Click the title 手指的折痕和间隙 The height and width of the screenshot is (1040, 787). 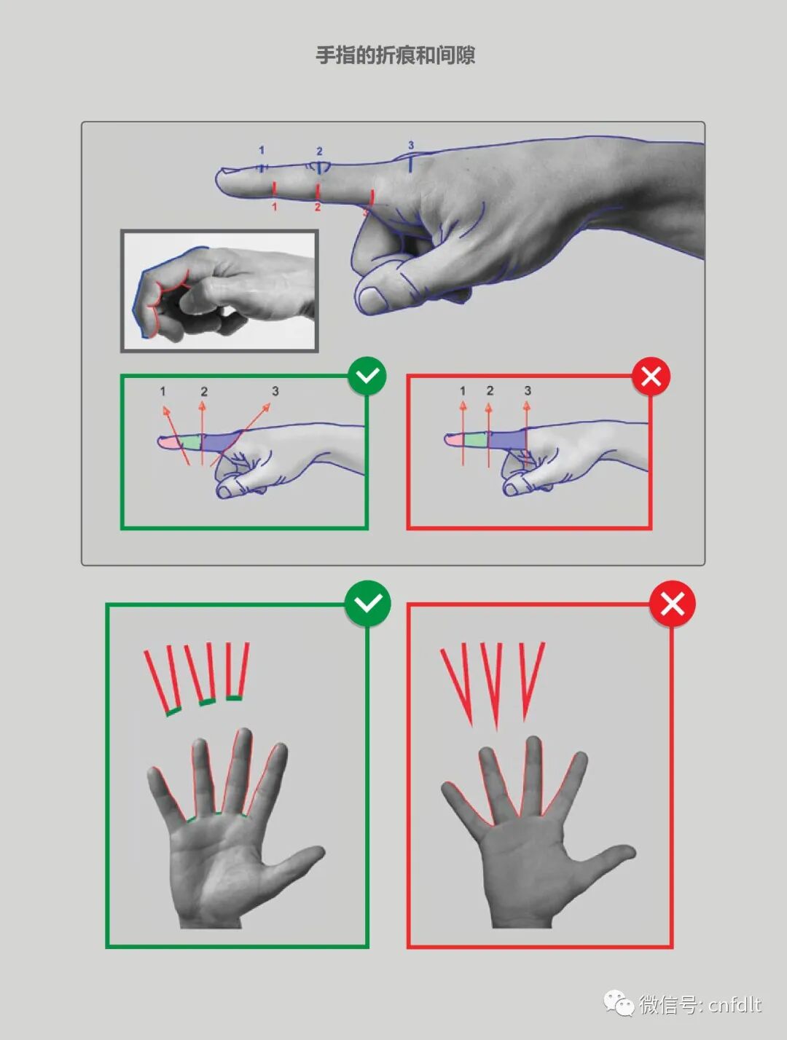[396, 55]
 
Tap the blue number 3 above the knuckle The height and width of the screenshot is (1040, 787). [411, 145]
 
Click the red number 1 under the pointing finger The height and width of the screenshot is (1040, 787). [274, 207]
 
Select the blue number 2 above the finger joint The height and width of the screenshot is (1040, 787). [320, 151]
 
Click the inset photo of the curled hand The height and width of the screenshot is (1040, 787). [219, 291]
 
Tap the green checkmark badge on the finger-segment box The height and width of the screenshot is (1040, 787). [367, 376]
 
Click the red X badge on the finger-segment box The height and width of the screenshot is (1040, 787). [651, 377]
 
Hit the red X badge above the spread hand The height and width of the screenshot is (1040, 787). [673, 604]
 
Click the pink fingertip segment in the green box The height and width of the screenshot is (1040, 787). [168, 442]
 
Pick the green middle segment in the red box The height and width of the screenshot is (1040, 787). [476, 440]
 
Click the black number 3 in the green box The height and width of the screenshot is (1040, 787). [275, 391]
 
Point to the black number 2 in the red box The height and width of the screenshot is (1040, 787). [490, 390]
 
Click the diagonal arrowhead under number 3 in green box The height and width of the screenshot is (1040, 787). [267, 406]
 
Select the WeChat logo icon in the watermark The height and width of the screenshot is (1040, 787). [619, 1003]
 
